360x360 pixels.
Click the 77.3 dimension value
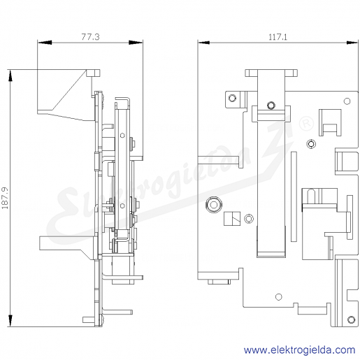click(x=90, y=37)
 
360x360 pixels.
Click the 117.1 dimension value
click(x=278, y=37)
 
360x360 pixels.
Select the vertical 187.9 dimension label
click(x=5, y=198)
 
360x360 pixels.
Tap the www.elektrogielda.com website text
click(x=299, y=350)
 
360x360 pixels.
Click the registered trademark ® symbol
click(x=306, y=124)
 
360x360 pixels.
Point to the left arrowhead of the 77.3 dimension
click(x=45, y=43)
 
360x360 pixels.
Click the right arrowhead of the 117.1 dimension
click(x=352, y=43)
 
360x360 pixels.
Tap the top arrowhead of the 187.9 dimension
click(x=10, y=75)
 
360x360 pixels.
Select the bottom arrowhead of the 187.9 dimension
click(x=10, y=321)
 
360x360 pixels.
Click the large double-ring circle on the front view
click(x=214, y=205)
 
